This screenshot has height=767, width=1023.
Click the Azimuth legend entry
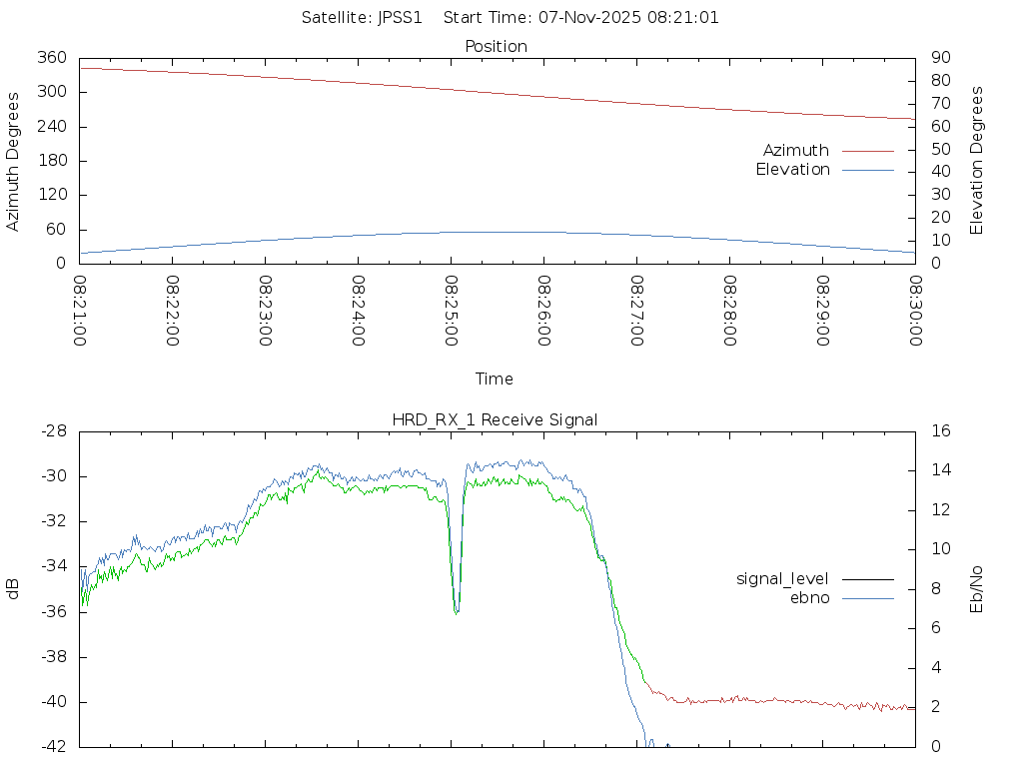796,151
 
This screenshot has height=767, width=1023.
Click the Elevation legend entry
792,170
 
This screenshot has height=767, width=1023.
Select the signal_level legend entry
782,579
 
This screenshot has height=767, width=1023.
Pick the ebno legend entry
810,598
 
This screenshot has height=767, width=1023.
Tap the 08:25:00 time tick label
451,311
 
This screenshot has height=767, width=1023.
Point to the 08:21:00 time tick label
80,311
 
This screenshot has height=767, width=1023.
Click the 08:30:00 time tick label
915,311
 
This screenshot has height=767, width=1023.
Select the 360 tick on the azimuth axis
52,58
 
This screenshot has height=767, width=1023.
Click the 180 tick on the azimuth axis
52,161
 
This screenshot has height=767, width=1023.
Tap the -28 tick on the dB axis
53,431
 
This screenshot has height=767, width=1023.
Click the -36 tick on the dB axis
53,611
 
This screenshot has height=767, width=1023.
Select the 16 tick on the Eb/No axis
939,431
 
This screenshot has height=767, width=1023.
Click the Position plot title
497,47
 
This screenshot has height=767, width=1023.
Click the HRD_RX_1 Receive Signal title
496,420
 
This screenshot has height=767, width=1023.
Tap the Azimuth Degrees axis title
14,161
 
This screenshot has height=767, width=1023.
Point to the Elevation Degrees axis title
977,161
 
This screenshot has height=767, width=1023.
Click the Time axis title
495,380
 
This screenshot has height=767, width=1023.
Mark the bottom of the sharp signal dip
457,612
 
